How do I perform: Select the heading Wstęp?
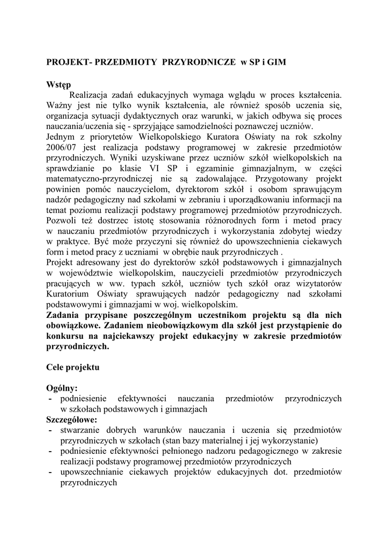[58, 85]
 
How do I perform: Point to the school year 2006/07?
[64, 147]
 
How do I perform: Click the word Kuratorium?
[70, 293]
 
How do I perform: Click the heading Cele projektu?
[73, 368]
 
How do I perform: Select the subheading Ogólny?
[62, 389]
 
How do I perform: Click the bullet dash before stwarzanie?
[50, 430]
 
